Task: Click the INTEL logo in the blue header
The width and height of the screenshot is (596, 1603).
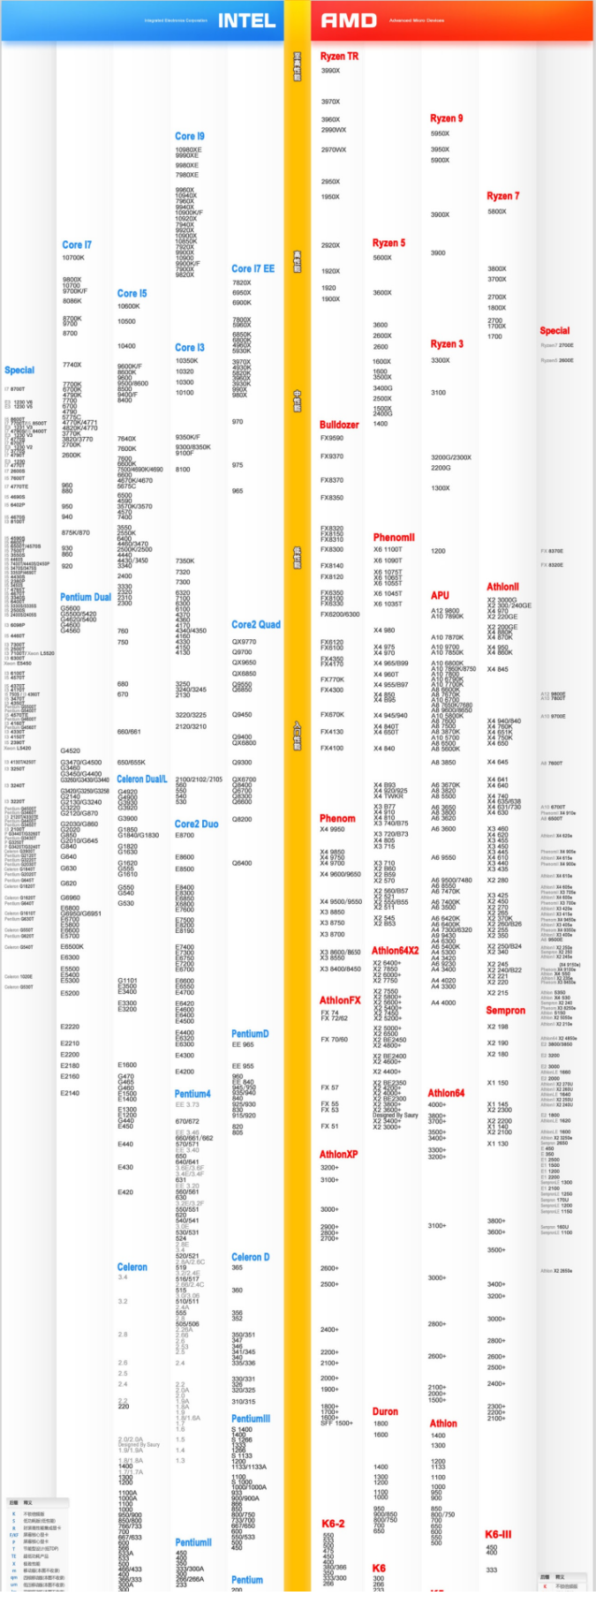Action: tap(246, 20)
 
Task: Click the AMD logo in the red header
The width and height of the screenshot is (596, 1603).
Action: tap(349, 20)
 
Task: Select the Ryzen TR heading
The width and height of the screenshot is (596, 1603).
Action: tap(339, 56)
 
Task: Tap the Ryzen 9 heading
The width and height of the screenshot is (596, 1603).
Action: tap(446, 118)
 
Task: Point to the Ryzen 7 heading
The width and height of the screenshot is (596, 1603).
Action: tap(502, 196)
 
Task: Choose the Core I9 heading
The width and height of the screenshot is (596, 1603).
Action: tap(189, 136)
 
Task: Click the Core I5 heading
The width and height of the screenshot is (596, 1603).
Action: tap(132, 293)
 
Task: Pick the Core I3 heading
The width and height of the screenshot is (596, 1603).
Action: tap(189, 348)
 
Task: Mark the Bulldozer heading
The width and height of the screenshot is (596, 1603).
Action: tap(339, 425)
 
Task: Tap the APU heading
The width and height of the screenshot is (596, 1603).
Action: tap(440, 596)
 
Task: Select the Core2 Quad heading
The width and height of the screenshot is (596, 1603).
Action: tap(255, 624)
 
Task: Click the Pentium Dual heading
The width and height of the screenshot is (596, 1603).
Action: tap(86, 598)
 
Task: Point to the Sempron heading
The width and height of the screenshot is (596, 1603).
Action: tap(505, 1010)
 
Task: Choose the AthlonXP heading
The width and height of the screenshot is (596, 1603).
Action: tap(338, 1154)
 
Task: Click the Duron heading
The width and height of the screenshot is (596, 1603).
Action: tap(385, 1411)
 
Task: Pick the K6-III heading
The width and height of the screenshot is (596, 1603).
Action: tap(498, 1534)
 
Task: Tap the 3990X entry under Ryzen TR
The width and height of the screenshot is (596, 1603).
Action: tap(330, 71)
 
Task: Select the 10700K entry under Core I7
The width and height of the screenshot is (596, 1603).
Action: tap(73, 258)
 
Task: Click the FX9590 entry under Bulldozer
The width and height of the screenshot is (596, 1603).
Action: tap(332, 438)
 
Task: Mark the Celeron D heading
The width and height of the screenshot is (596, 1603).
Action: tap(250, 1257)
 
